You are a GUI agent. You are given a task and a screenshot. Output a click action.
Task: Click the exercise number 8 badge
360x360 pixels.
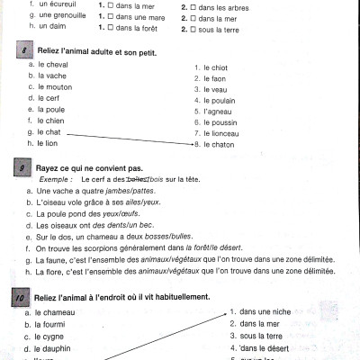point(20,53)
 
